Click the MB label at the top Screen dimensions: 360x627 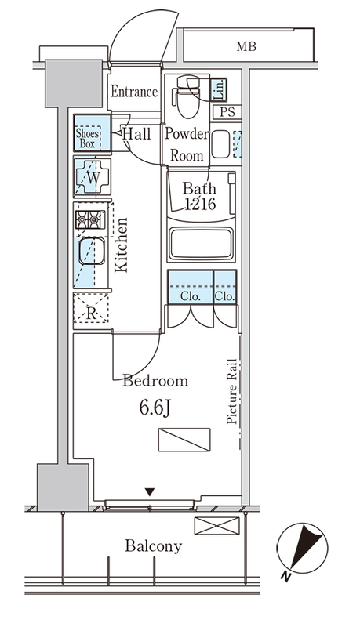[246, 47]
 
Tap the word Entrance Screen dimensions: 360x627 [134, 92]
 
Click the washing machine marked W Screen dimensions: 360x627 [92, 177]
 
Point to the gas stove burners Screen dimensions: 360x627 [90, 219]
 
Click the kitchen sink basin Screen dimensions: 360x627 [92, 251]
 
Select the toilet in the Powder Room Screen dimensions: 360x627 [187, 96]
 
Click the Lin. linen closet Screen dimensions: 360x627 [219, 89]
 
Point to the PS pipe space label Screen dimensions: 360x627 [227, 112]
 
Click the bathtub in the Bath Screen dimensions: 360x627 [201, 245]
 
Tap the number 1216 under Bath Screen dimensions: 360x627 [199, 204]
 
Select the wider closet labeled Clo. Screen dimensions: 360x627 [191, 287]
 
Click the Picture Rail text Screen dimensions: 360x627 [231, 392]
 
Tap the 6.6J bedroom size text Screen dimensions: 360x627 [155, 408]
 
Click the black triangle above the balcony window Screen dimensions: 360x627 [150, 492]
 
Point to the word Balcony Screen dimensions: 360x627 [153, 546]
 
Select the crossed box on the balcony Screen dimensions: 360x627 [216, 525]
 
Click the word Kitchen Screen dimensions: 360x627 [122, 245]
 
